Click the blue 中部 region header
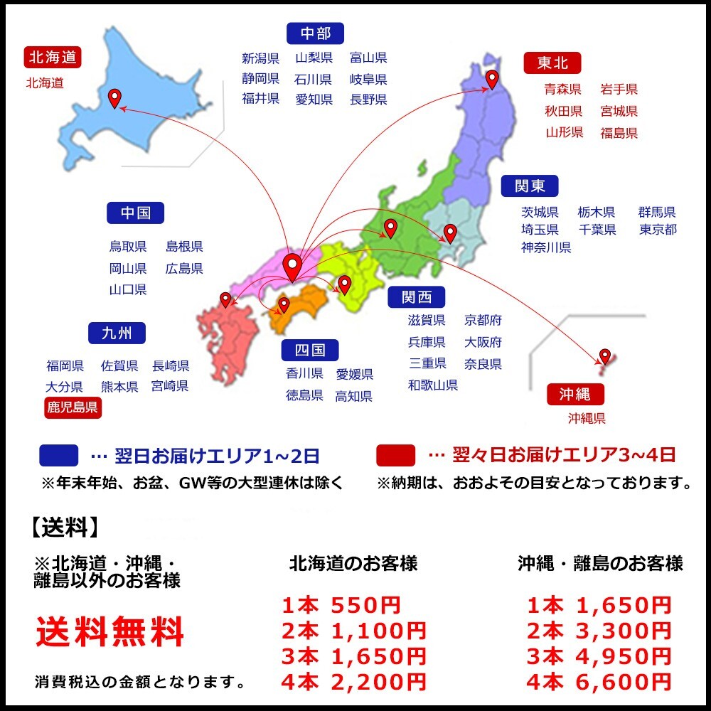coord(315,33)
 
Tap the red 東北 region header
coord(552,63)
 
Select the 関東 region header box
coord(530,186)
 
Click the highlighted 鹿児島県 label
coord(73,407)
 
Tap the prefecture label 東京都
coord(657,229)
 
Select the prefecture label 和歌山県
coord(432,385)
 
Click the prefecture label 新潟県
coord(260,58)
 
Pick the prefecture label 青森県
coord(562,89)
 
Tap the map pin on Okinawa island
coord(604,355)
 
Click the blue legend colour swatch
coord(59,455)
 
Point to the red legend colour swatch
coord(396,455)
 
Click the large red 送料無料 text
coord(110,631)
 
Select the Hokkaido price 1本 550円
coord(341,606)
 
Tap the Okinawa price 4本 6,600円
coord(599,683)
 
